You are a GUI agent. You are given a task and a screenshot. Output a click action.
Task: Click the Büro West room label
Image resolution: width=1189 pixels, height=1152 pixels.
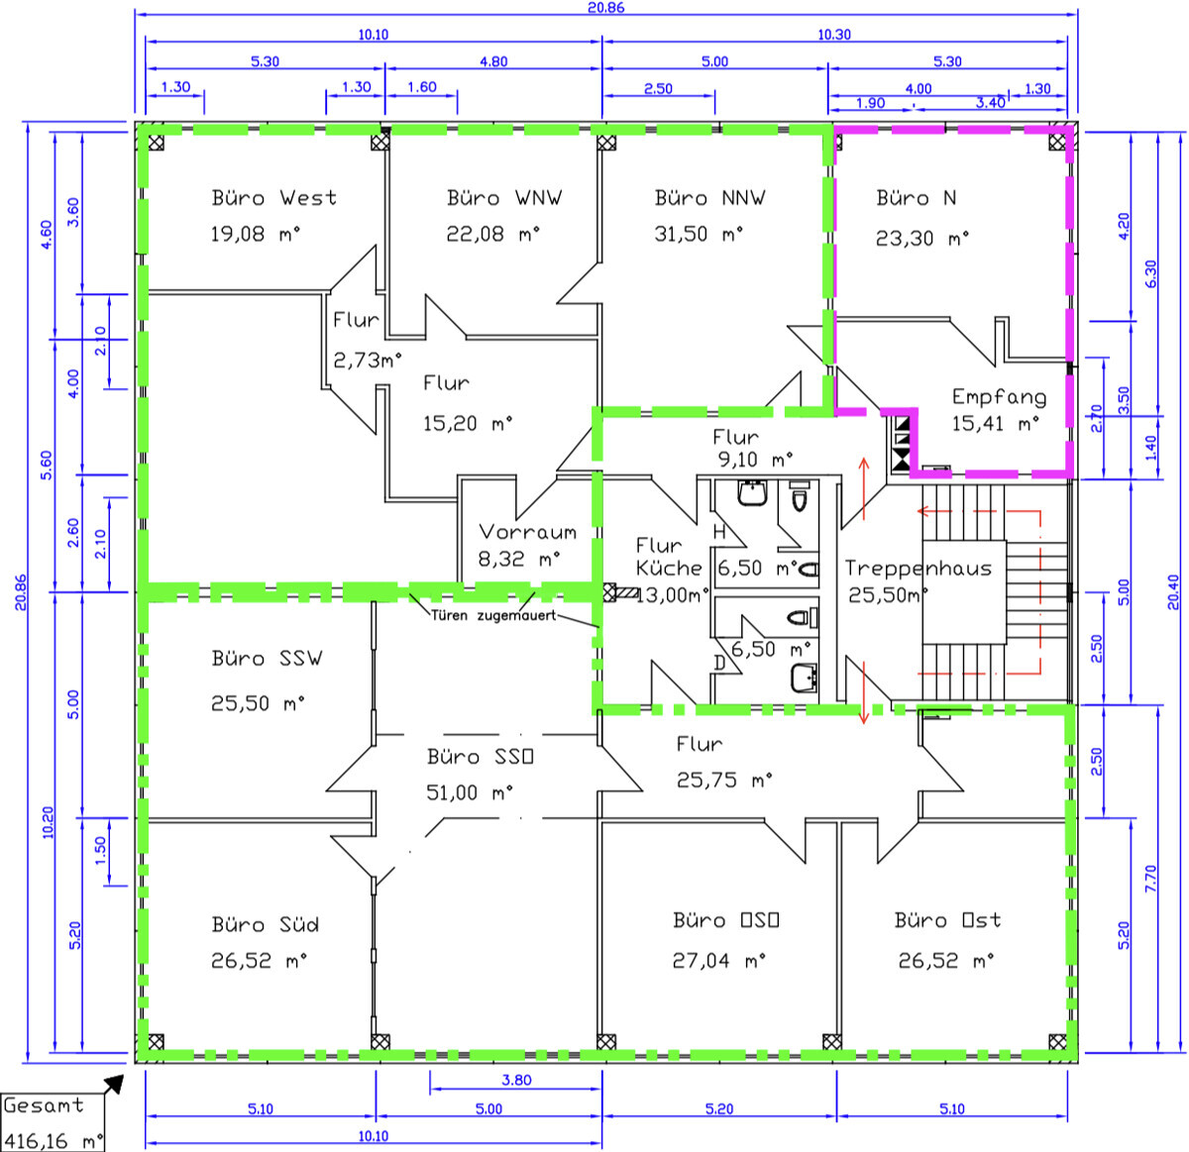click(273, 198)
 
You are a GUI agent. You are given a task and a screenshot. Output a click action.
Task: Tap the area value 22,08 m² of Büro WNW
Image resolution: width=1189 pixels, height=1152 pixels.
click(493, 234)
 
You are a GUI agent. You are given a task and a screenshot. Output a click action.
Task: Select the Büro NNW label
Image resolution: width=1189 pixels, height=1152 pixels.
click(709, 198)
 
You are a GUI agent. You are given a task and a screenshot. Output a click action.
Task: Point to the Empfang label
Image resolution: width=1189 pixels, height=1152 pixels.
click(999, 397)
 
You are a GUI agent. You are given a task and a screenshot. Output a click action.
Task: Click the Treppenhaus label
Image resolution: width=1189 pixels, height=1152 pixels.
click(918, 568)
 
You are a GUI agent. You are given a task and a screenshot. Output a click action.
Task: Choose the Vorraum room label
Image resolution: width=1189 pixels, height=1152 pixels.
click(527, 532)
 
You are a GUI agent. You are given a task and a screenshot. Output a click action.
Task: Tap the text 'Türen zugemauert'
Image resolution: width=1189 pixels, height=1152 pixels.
click(493, 615)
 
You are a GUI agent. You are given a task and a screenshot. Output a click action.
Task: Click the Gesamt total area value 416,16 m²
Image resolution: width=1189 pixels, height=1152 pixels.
click(54, 1141)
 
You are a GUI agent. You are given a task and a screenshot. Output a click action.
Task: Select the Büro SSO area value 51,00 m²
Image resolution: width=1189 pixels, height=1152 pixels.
click(470, 792)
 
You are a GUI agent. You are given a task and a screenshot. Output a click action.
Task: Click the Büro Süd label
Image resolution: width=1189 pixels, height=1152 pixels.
click(266, 924)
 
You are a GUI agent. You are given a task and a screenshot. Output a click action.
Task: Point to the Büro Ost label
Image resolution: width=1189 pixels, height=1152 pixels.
click(947, 920)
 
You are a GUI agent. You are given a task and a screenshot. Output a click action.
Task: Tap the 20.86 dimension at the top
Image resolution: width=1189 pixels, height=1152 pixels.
click(606, 7)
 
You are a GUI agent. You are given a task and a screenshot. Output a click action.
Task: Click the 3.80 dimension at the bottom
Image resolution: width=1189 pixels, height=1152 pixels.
click(516, 1080)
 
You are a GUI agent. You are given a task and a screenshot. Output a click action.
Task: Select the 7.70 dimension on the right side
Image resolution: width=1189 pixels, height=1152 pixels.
click(1150, 879)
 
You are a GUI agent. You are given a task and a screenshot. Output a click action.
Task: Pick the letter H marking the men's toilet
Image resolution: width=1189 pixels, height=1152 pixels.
click(719, 532)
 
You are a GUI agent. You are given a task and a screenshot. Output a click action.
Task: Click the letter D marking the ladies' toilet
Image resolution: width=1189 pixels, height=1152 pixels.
click(719, 663)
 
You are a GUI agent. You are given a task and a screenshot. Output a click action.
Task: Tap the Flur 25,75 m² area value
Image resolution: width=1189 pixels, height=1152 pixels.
click(724, 780)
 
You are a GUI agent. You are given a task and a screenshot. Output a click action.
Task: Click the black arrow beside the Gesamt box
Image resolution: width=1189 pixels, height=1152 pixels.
click(114, 1085)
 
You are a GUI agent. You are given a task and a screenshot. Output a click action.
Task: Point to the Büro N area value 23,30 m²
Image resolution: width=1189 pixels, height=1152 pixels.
click(922, 238)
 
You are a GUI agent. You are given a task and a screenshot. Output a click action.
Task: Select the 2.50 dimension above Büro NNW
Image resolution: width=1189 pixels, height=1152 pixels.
click(658, 88)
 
